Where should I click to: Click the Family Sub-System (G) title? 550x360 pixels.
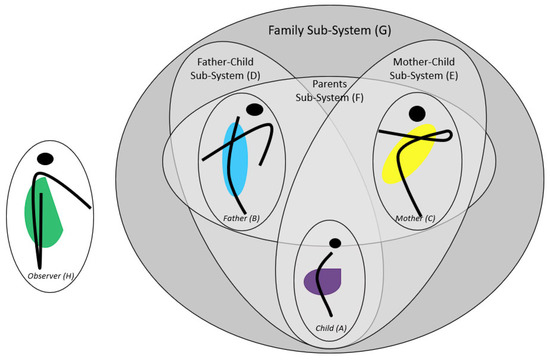331,32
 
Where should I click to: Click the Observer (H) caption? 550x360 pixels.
46,276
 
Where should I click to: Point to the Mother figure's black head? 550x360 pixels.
416,115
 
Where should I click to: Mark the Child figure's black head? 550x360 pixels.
334,242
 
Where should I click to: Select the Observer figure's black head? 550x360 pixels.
45,158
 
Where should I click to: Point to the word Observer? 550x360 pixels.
38,276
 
